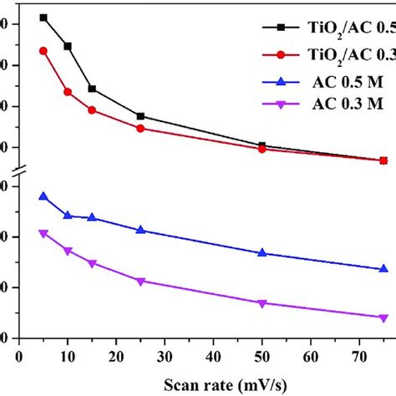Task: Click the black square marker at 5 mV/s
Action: [x=43, y=18]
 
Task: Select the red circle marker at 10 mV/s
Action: [x=68, y=91]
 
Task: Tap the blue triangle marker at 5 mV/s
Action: [x=43, y=196]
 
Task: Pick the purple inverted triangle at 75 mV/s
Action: [x=383, y=317]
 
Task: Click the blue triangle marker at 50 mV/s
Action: [x=262, y=252]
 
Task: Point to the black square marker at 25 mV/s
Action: [x=140, y=116]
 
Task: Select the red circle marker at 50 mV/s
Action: [x=262, y=149]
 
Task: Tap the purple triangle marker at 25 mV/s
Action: [x=140, y=281]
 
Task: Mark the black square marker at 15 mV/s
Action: [x=92, y=89]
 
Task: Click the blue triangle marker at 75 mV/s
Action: [x=383, y=269]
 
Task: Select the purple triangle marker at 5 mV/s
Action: [x=43, y=233]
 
